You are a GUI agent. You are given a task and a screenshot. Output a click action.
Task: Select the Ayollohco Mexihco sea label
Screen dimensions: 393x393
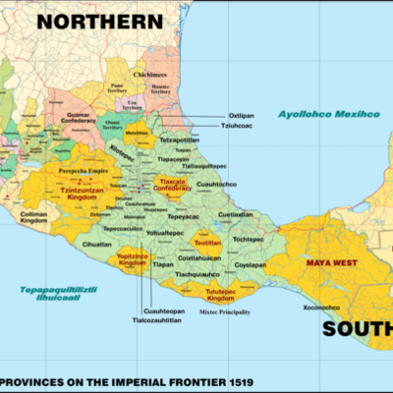point(328,114)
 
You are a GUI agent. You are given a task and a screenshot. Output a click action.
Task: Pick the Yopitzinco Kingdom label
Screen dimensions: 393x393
point(132,259)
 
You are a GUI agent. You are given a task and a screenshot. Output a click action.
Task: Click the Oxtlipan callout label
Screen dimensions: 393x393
point(242,115)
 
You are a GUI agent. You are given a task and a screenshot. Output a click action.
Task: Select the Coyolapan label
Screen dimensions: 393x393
point(251,264)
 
